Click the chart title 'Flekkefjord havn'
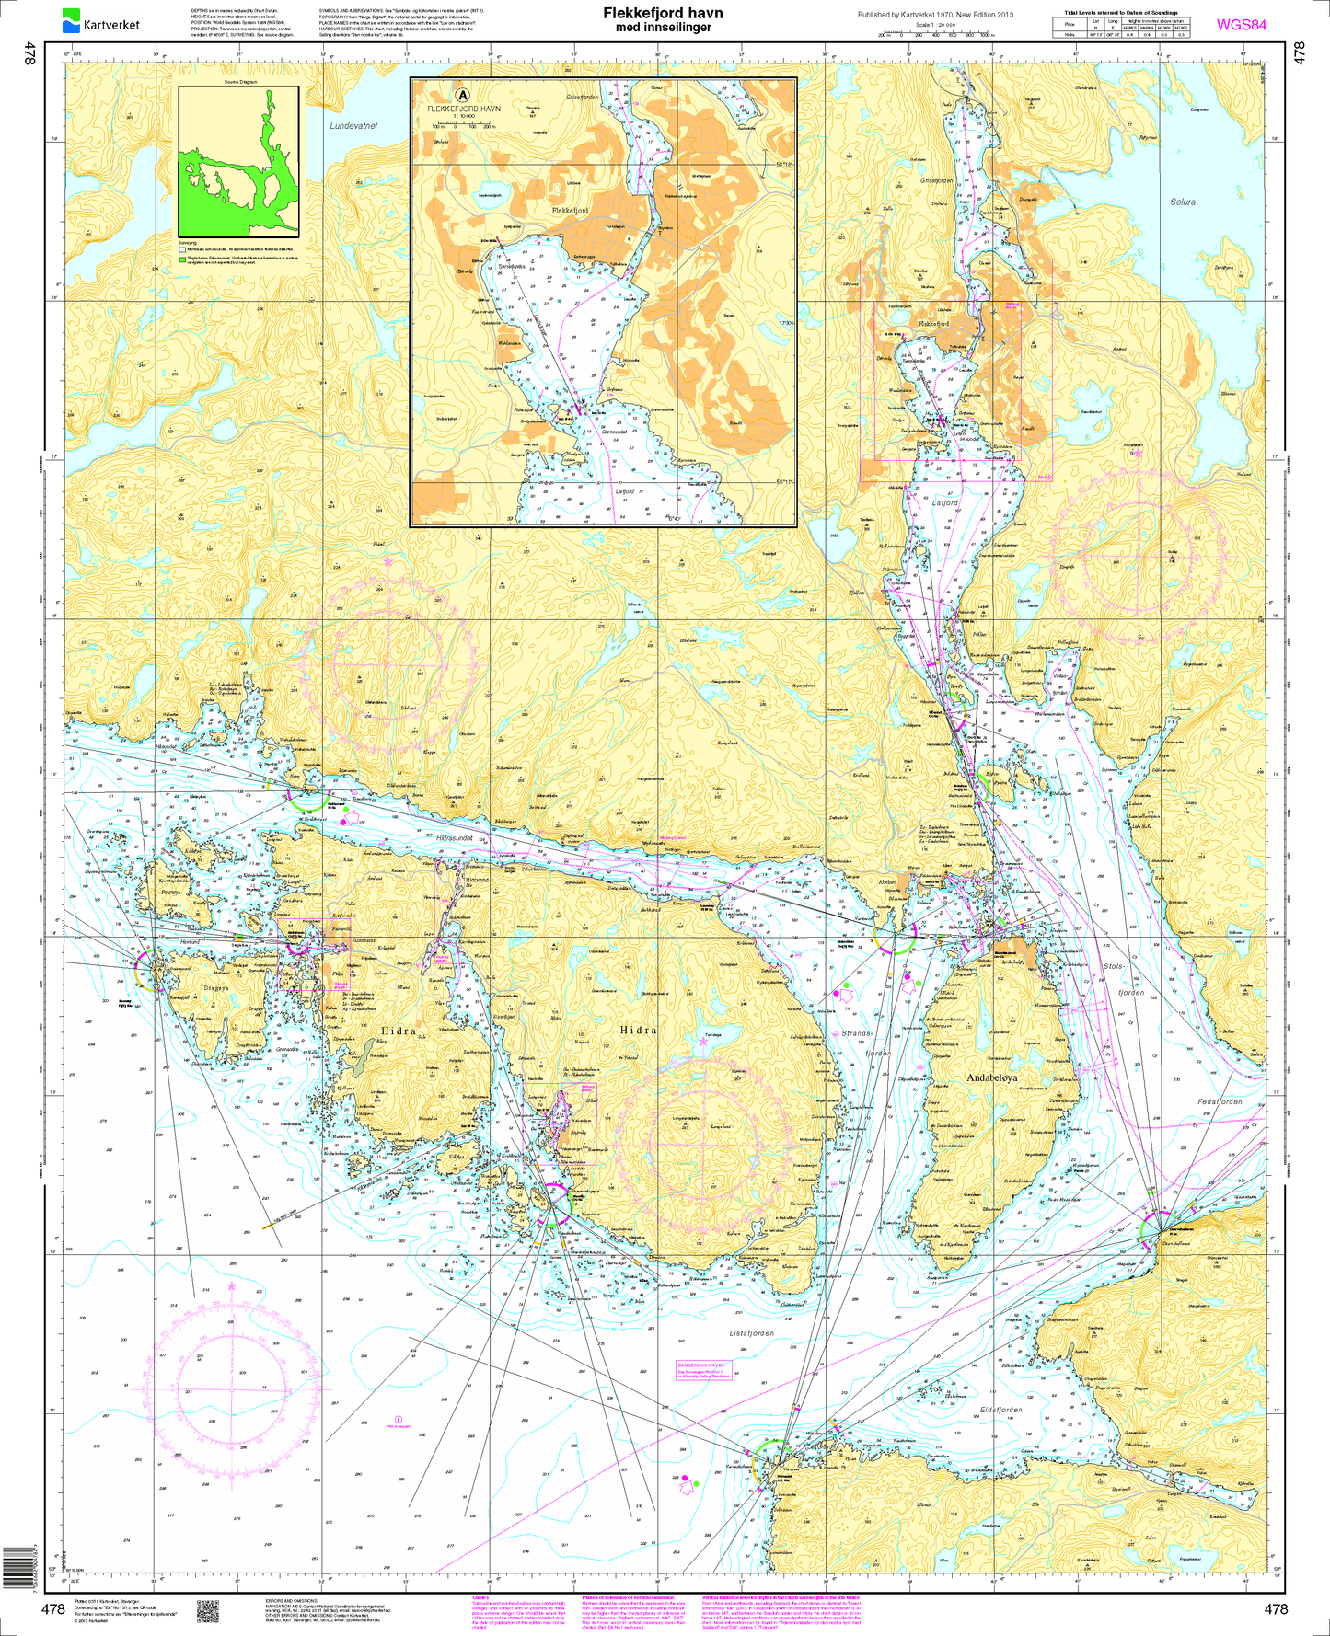point(663,13)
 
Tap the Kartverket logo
point(100,19)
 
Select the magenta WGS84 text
point(1242,25)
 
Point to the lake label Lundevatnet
point(353,126)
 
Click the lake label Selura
point(1183,202)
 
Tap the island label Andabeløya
point(991,1077)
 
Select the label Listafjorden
point(751,1332)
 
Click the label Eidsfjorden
point(1000,1410)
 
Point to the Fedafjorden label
point(1220,1101)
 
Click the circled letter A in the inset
point(463,94)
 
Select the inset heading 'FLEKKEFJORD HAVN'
point(464,109)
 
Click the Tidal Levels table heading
point(1120,13)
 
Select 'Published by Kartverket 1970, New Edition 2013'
point(934,15)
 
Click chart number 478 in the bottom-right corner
point(1276,1609)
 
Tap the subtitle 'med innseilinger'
point(663,28)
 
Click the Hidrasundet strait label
point(455,838)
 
